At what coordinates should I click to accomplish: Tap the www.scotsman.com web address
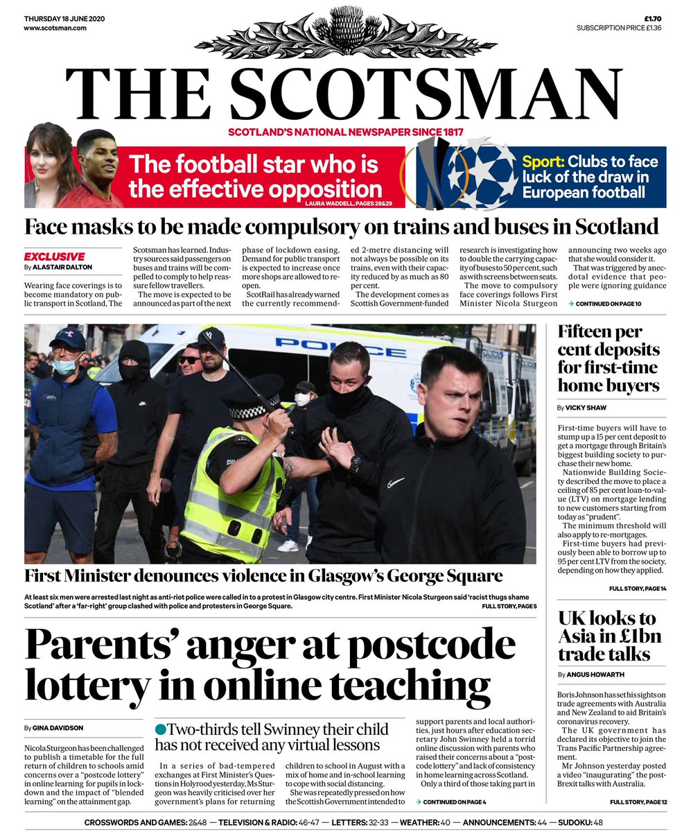tap(55, 28)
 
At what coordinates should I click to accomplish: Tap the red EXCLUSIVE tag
tap(55, 257)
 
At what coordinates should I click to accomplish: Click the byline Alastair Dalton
tap(63, 267)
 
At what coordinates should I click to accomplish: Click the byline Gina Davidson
tap(55, 728)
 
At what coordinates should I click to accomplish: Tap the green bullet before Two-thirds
tap(161, 729)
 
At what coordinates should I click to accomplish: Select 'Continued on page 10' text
tap(604, 304)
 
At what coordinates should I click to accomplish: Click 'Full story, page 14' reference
tap(638, 589)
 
